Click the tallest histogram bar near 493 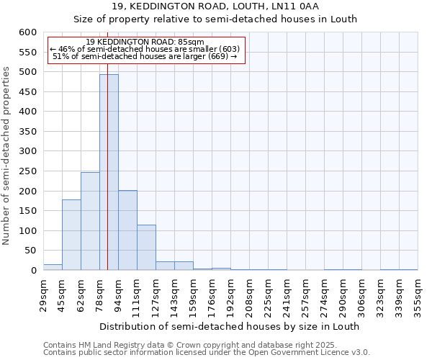coord(109,173)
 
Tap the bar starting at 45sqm coord(71,235)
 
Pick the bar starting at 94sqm coord(127,230)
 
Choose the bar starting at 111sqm coord(146,248)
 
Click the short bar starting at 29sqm coord(53,267)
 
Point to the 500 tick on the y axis coord(27,72)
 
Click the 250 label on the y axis coord(27,171)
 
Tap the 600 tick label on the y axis coord(27,32)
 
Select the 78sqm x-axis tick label coord(99,295)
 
